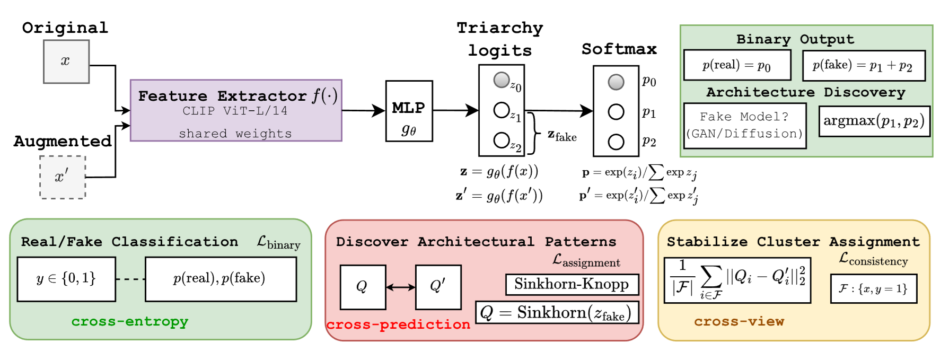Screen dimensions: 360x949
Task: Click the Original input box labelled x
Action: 66,62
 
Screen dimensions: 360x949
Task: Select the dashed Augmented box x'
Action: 63,177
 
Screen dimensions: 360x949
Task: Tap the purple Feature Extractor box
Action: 236,110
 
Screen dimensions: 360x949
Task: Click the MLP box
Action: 409,111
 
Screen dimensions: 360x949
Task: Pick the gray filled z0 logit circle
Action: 501,80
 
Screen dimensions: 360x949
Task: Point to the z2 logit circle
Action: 501,141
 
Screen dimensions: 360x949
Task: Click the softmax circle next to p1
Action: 616,112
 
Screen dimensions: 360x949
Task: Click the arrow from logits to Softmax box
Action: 559,111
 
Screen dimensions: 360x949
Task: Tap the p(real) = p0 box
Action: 737,65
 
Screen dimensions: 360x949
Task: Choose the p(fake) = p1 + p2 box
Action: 863,65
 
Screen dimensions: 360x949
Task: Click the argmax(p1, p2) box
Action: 874,121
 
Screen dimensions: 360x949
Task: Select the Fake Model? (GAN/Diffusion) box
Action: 744,126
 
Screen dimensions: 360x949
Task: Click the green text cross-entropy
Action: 130,321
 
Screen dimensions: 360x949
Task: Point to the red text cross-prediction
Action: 398,324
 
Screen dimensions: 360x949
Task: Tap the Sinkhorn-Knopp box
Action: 572,284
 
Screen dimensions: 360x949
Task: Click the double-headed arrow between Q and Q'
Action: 400,287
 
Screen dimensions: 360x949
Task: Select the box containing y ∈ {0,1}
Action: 66,279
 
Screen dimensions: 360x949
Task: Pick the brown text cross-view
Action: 739,321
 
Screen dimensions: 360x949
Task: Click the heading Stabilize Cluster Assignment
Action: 793,242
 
